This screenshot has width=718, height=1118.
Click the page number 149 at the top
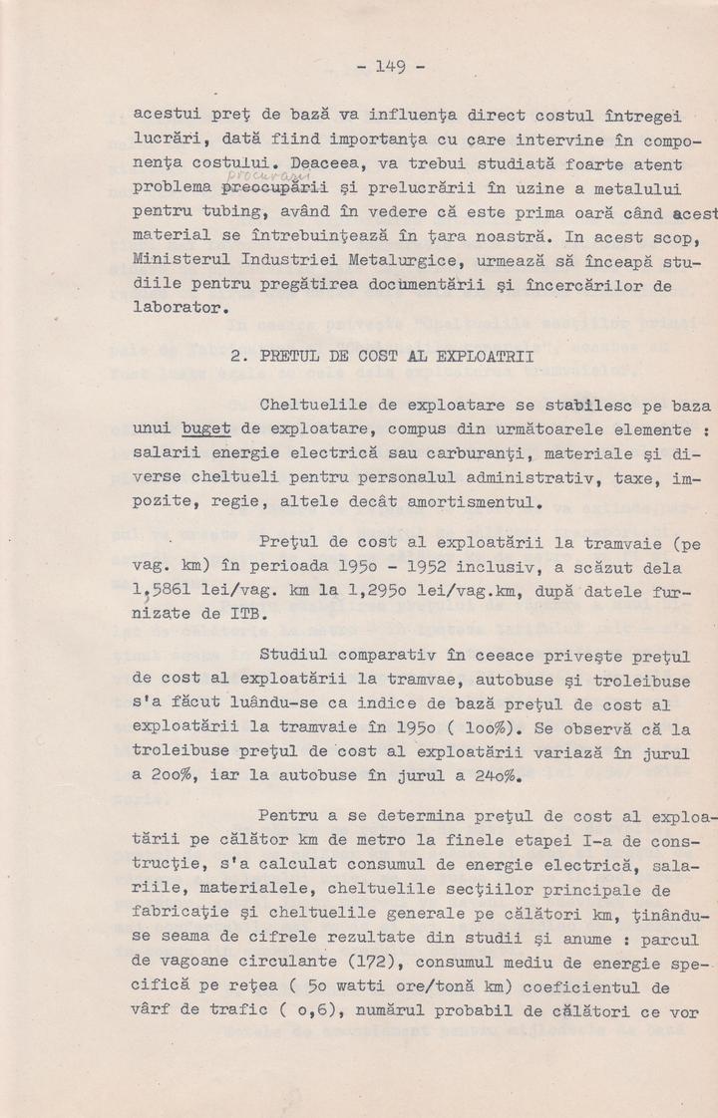pyautogui.click(x=390, y=67)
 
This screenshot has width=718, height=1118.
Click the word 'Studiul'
pyautogui.click(x=297, y=656)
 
